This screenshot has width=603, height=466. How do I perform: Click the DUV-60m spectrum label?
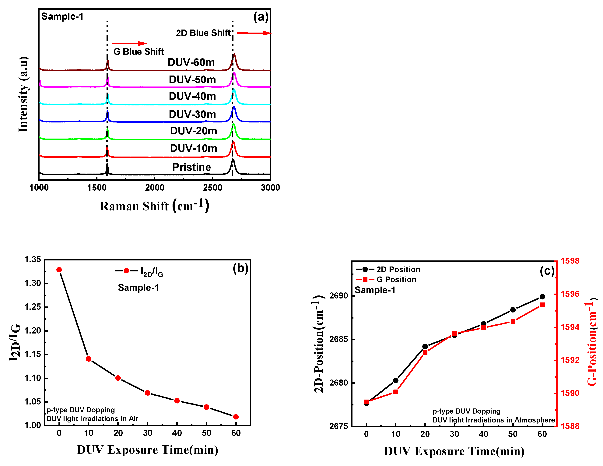pos(191,62)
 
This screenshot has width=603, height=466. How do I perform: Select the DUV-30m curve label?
pos(192,114)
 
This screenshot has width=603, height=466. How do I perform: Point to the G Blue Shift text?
pos(139,52)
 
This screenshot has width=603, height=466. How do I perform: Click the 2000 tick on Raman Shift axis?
pos(155,188)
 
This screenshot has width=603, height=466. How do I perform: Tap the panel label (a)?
pos(261,17)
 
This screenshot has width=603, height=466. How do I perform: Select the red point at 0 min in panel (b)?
pos(59,270)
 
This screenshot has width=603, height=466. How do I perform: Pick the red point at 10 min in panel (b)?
pos(89,359)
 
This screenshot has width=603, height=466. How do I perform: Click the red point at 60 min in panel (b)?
pos(236,417)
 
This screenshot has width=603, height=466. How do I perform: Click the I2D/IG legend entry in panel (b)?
pos(139,272)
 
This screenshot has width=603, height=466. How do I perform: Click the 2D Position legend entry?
pos(388,269)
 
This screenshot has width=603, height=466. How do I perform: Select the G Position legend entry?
pos(386,280)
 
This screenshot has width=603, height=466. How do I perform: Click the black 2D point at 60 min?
pos(542,297)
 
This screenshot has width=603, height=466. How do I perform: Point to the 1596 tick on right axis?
pos(570,294)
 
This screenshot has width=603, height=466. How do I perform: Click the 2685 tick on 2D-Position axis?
pos(338,339)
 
